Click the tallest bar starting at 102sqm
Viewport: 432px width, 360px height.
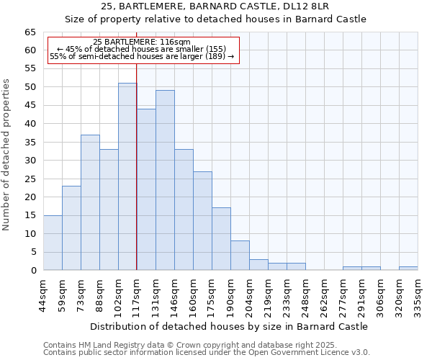127,176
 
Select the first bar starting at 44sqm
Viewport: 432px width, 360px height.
53,243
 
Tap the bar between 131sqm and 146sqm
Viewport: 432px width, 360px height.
165,180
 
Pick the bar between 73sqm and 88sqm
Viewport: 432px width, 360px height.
90,202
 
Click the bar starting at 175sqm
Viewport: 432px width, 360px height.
221,239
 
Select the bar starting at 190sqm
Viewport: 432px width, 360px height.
240,256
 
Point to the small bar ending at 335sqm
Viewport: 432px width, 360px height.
408,269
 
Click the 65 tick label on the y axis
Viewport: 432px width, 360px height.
30,32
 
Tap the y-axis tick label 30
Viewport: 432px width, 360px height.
30,161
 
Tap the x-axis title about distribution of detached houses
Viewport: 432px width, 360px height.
230,326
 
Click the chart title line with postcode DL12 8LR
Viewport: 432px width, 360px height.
215,6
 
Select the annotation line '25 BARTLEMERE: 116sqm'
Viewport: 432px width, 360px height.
142,42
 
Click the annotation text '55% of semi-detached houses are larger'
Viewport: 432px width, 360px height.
142,56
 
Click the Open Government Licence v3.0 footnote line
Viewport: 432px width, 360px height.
207,353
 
